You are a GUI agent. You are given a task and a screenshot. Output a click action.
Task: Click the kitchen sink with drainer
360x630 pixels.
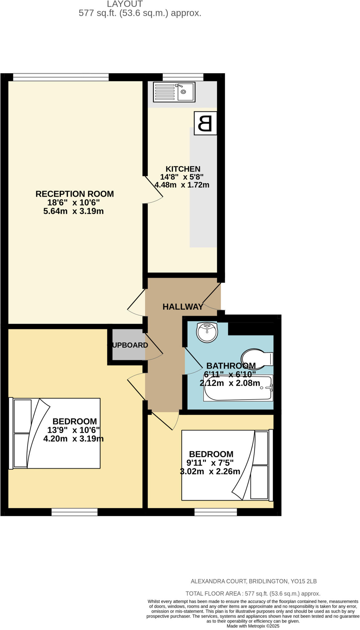click(174, 92)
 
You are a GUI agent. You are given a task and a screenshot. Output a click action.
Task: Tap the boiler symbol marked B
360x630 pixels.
click(205, 123)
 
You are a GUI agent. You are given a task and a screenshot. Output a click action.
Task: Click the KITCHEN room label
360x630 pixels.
click(183, 169)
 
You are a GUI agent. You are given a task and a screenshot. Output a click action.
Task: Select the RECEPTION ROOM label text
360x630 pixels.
click(75, 194)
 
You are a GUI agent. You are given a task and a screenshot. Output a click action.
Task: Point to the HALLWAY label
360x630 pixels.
click(183, 307)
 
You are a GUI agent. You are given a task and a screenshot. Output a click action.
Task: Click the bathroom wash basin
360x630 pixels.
click(207, 332)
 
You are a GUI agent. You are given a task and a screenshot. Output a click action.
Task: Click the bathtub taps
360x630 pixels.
click(269, 388)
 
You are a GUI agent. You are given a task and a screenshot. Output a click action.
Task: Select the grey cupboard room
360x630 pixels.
click(128, 345)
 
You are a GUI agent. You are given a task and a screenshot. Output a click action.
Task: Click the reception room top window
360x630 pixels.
click(61, 77)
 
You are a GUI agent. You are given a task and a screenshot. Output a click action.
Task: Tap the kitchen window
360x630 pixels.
click(183, 77)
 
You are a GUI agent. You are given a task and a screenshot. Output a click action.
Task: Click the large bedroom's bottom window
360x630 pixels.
click(74, 512)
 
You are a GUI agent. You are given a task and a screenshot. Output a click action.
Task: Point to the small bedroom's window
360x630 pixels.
click(216, 512)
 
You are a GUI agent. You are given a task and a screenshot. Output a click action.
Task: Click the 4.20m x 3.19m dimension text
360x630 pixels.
click(73, 439)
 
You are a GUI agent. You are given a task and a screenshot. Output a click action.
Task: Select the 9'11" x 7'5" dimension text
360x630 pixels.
click(210, 463)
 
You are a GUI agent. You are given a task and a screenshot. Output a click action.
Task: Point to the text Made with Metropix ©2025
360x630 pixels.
click(253, 626)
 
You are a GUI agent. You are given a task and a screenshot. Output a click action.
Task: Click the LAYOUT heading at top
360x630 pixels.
click(125, 4)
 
